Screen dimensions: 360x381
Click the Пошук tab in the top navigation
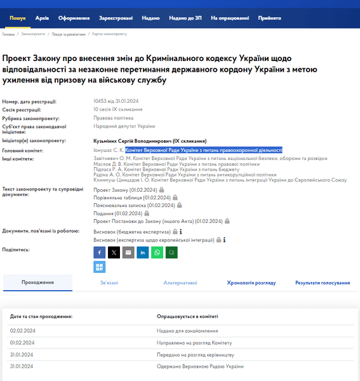pos(17,18)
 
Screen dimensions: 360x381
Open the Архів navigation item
pos(43,18)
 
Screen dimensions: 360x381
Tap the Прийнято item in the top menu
pos(270,18)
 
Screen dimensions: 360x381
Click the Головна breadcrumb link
pos(8,34)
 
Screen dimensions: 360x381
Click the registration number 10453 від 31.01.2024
pos(116,102)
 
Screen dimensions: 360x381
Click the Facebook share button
pos(99,252)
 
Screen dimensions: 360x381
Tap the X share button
pos(114,252)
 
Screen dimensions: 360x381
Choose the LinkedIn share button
pos(143,252)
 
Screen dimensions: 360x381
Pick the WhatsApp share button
pos(157,252)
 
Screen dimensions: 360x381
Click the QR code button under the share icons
pos(99,267)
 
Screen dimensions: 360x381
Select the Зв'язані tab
pos(109,283)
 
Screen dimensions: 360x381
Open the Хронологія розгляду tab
pos(251,283)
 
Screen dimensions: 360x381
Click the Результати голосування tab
pos(323,283)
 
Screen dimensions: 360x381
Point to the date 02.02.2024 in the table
pos(22,331)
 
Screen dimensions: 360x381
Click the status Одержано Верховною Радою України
pos(200,366)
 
